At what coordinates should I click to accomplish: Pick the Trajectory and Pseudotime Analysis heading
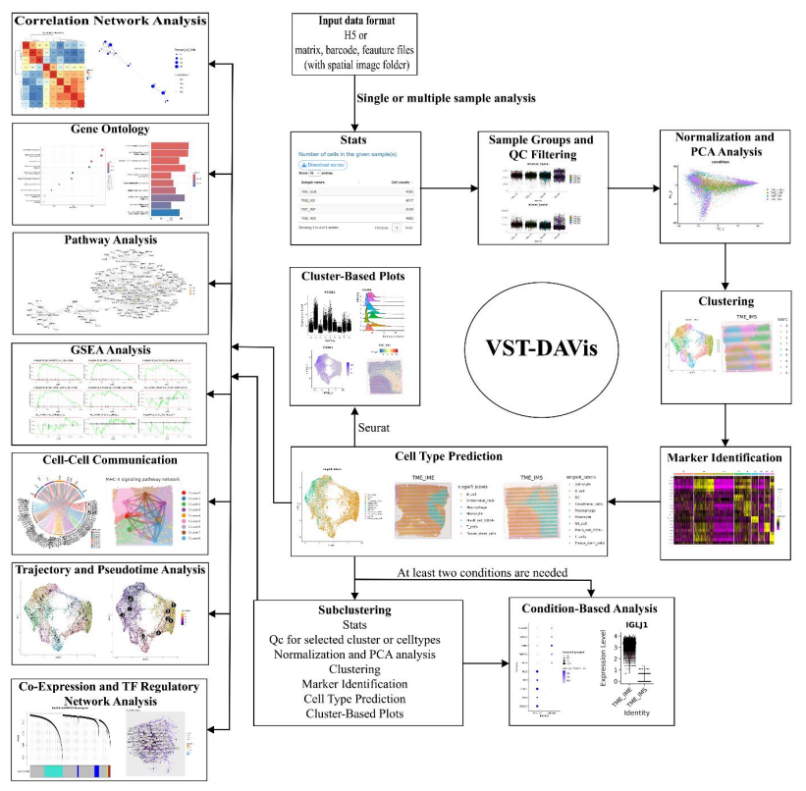110,569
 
